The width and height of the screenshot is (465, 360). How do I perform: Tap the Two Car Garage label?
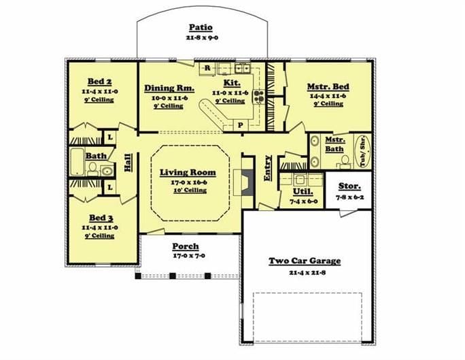pyautogui.click(x=305, y=261)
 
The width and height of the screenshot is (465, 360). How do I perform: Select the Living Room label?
pyautogui.click(x=188, y=172)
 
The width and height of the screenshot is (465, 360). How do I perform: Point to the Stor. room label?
pyautogui.click(x=345, y=186)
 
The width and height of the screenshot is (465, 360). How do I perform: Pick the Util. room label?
pyautogui.click(x=302, y=193)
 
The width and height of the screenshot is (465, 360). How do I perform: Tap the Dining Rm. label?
pyautogui.click(x=170, y=88)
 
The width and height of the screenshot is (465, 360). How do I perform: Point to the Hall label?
pyautogui.click(x=127, y=164)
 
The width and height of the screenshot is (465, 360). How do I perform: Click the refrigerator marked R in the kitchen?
pyautogui.click(x=207, y=68)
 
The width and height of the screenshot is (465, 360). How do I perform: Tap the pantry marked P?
pyautogui.click(x=240, y=126)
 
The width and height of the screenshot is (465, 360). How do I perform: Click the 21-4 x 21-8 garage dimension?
pyautogui.click(x=305, y=272)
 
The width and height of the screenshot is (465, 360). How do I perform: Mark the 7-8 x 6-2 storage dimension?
pyautogui.click(x=345, y=197)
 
